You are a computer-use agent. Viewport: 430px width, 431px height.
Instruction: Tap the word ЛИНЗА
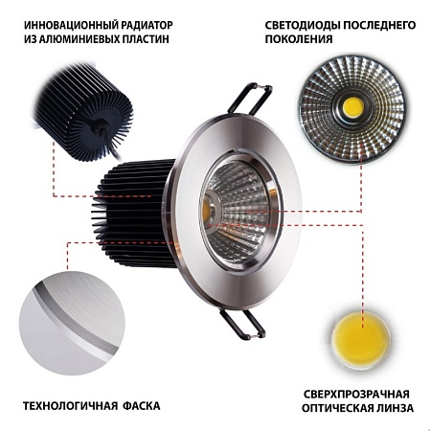coord(396,410)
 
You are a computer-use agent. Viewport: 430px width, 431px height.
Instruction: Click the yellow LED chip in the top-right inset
coord(352,106)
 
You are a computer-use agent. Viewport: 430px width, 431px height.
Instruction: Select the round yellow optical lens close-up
coord(363,335)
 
